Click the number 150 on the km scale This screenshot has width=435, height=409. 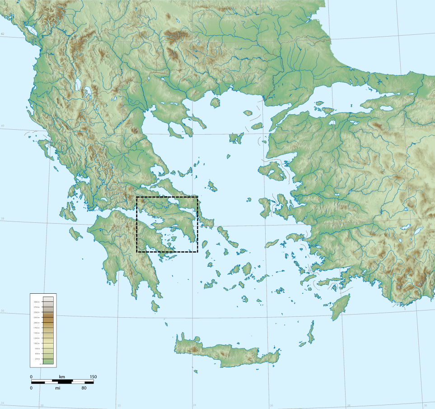click(93, 377)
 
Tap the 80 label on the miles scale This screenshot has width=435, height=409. click(84, 388)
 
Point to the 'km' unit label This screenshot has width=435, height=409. click(62, 377)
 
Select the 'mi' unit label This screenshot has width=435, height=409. click(58, 388)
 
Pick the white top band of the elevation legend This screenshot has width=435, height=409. click(48, 298)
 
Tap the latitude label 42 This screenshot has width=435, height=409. click(3, 34)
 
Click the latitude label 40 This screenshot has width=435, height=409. click(3, 126)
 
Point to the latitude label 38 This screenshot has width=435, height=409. click(3, 219)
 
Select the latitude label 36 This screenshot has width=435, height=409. click(3, 311)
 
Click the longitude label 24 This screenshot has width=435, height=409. click(194, 405)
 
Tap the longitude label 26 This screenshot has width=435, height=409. click(271, 405)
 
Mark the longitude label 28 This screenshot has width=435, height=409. click(348, 405)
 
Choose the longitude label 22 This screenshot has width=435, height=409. click(119, 405)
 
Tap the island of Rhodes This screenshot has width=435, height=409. click(340, 307)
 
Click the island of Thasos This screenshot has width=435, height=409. click(215, 103)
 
